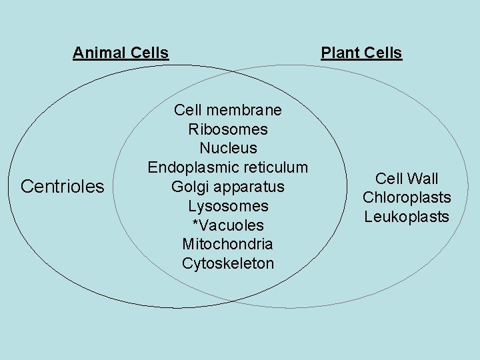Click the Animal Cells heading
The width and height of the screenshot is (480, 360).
[x=121, y=53]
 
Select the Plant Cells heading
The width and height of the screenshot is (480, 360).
[x=361, y=53]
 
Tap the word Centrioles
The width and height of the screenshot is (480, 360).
[x=63, y=186]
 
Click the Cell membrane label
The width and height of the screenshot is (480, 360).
[x=228, y=109]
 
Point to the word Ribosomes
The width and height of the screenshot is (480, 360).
[x=228, y=129]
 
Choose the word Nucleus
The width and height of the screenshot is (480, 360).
[x=228, y=148]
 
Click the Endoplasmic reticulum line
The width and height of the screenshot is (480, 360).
[x=228, y=167]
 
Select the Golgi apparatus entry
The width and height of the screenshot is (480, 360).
[x=228, y=187]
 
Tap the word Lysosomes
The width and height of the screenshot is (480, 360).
[x=228, y=206]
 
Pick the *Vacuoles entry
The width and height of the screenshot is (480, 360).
[x=228, y=225]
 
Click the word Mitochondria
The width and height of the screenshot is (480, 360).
[x=228, y=245]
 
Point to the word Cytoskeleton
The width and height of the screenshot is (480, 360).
[x=228, y=264]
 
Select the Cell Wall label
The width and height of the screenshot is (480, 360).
[x=407, y=179]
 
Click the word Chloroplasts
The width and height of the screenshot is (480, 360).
[x=407, y=198]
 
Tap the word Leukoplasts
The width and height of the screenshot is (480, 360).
[x=407, y=217]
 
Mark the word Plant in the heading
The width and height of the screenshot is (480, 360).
[x=339, y=53]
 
